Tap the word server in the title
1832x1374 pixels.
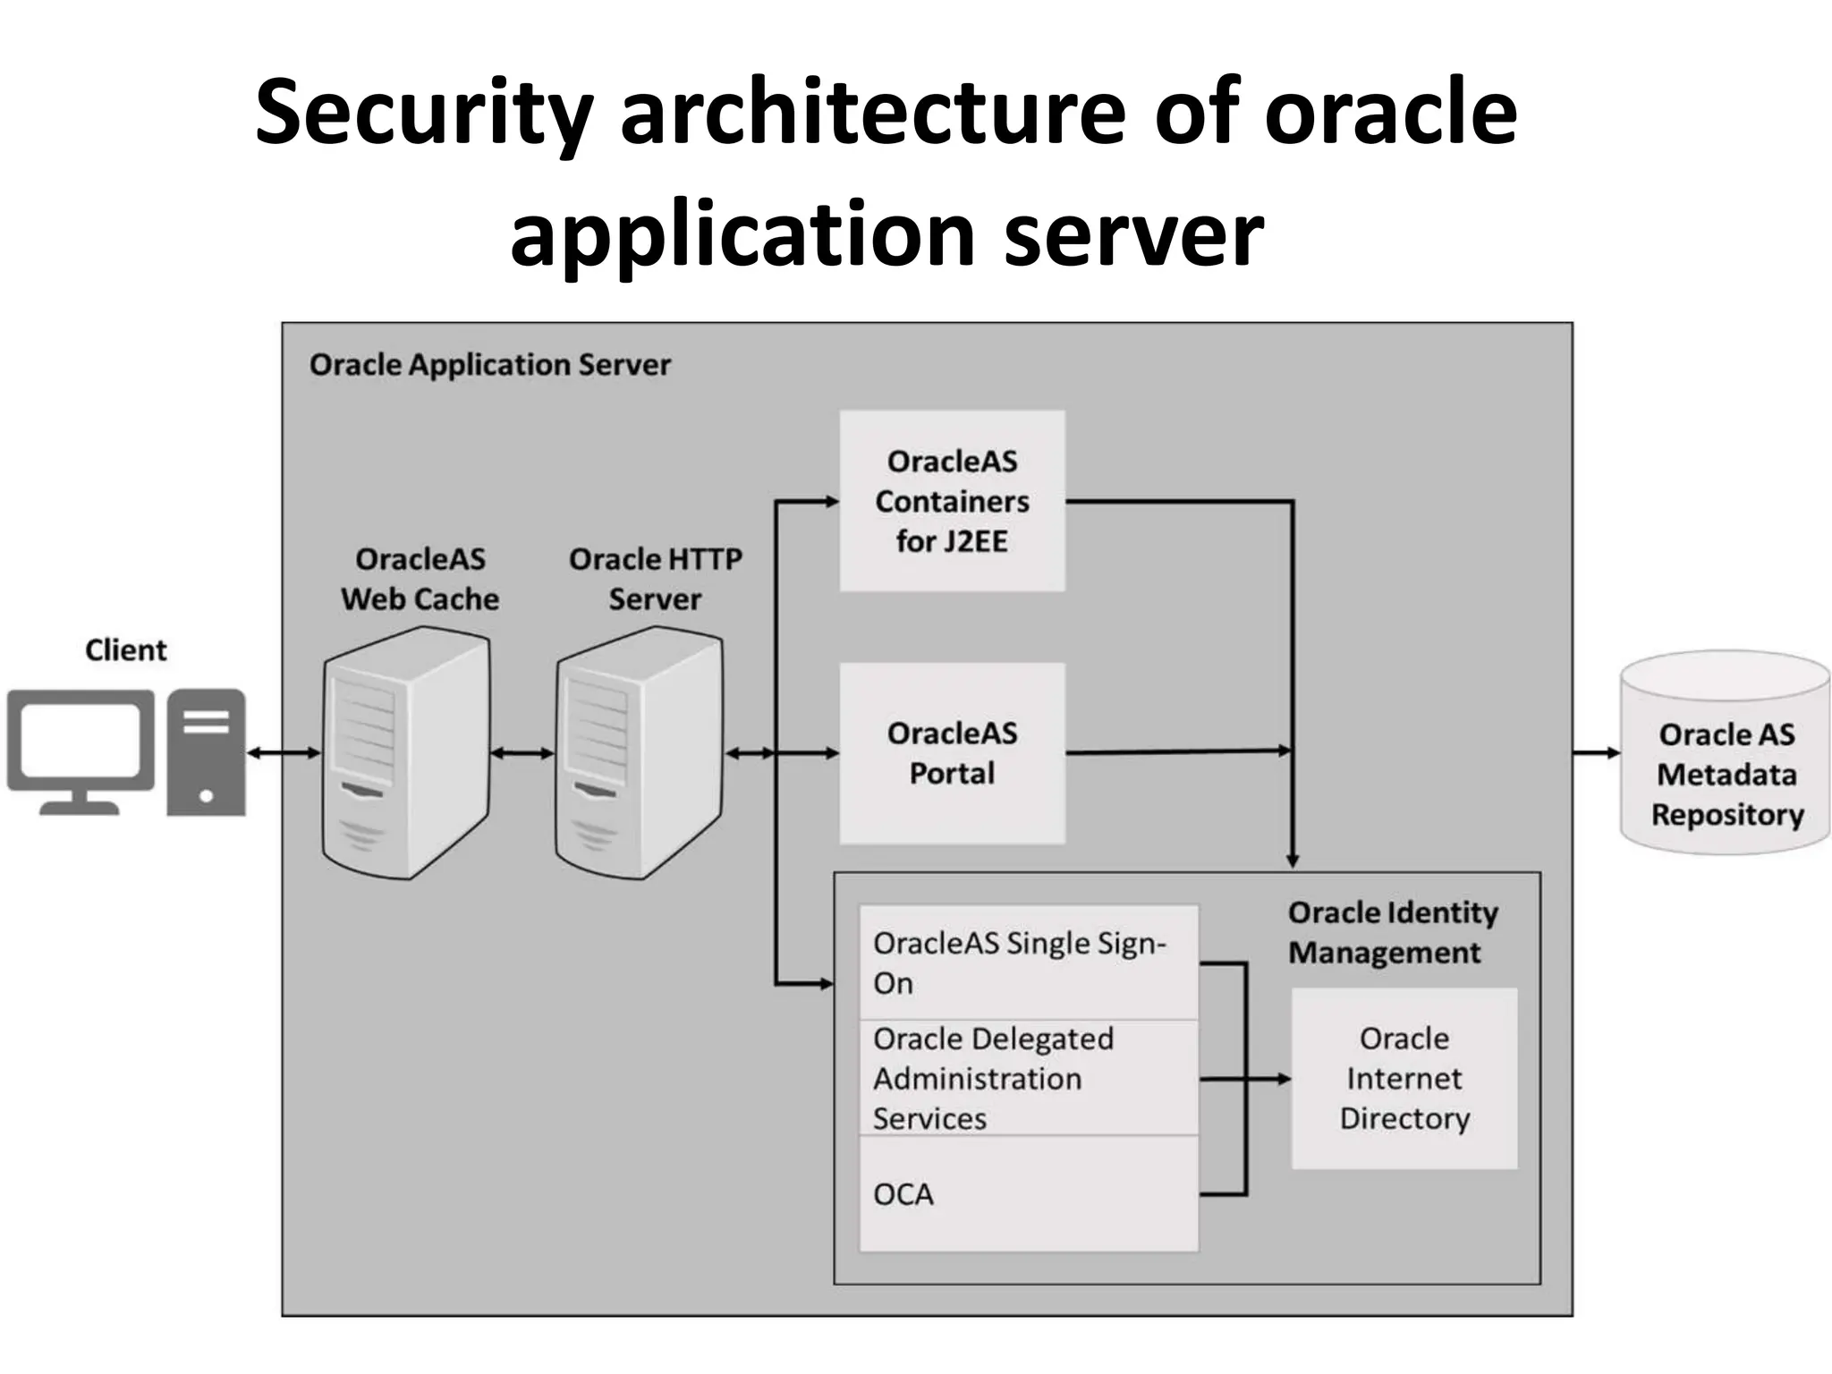[1133, 234]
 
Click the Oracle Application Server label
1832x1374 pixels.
[489, 365]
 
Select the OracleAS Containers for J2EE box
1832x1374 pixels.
[952, 501]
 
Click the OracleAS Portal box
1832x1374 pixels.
[952, 753]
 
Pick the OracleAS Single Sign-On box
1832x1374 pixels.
[1027, 963]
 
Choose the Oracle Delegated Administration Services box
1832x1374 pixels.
[1027, 1078]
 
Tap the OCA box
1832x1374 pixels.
[1027, 1194]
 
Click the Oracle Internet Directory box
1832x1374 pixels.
[1404, 1078]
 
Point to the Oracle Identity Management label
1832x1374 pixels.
[1392, 932]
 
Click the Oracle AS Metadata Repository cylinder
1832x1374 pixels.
[1726, 754]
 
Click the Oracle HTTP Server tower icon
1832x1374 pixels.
[638, 752]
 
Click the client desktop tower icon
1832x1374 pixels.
[206, 751]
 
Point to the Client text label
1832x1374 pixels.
[125, 649]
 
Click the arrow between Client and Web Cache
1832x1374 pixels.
[283, 753]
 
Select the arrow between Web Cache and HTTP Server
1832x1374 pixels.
[522, 753]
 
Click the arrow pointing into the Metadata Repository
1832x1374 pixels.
[1597, 753]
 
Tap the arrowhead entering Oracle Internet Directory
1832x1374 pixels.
[1284, 1079]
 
